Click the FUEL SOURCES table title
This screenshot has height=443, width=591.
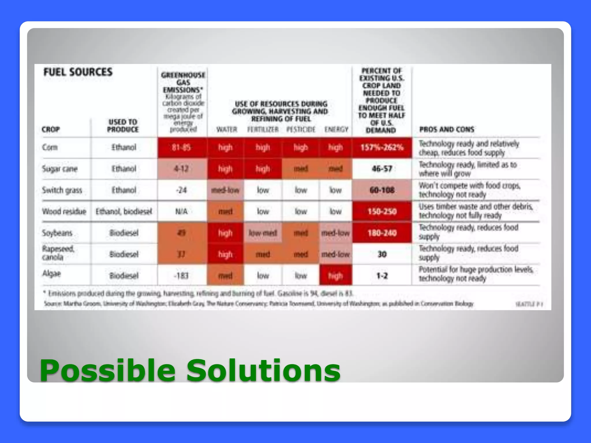coord(78,72)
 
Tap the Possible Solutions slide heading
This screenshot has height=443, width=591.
coord(190,370)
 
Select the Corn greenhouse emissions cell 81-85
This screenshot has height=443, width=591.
coord(182,148)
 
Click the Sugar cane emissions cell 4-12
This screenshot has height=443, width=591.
coord(182,169)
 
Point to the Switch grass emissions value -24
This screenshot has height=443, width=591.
coord(182,190)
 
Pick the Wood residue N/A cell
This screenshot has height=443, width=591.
coord(182,212)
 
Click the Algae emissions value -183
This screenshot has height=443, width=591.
coord(182,276)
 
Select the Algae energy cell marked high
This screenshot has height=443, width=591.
coord(335,276)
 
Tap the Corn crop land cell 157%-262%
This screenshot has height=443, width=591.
coord(382,148)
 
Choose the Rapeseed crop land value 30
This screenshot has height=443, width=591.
coord(382,254)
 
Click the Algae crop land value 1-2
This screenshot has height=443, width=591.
coord(382,276)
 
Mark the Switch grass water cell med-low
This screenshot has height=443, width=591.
coord(225,190)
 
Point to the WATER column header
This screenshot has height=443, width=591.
coord(227,129)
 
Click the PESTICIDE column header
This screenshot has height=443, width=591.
coord(301,129)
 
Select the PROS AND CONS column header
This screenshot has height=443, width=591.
coord(447,129)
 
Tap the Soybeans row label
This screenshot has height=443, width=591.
coord(57,233)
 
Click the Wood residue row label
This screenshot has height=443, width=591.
coord(64,212)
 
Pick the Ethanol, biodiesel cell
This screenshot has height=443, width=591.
coord(124,212)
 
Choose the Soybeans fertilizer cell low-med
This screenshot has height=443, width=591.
coord(263,233)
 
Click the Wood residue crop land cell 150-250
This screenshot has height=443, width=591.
coord(382,212)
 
